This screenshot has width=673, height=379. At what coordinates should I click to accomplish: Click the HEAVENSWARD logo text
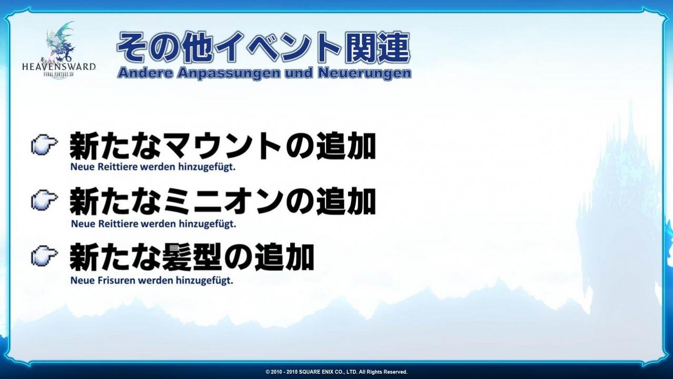click(59, 66)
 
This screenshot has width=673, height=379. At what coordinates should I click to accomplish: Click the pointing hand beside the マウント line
click(44, 144)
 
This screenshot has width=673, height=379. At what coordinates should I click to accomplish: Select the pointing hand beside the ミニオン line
click(44, 200)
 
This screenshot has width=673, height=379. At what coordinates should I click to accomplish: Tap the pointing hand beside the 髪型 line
click(44, 256)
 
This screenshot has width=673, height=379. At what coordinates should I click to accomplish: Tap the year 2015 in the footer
click(291, 372)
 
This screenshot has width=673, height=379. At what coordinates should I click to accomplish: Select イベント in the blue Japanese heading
click(278, 47)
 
